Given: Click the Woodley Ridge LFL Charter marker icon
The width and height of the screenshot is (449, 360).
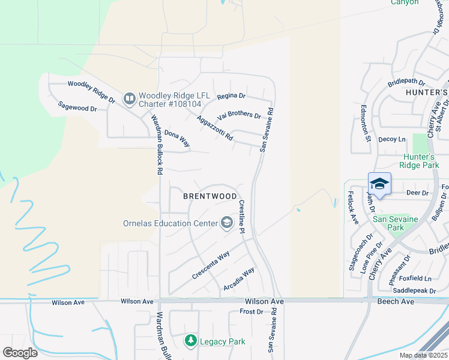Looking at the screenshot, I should click(130, 98).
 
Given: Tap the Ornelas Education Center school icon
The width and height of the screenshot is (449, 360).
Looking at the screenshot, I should click(226, 223).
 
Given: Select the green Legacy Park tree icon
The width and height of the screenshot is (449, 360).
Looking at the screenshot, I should click(191, 341).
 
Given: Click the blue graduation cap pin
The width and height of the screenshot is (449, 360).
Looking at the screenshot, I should click(379, 184).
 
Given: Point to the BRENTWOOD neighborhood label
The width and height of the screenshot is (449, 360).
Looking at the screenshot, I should click(210, 196).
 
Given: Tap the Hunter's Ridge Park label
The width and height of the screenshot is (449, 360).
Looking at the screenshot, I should click(423, 161).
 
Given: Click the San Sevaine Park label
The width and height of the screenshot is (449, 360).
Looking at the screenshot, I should click(396, 223).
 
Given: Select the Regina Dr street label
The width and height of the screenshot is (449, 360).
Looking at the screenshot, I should click(232, 95).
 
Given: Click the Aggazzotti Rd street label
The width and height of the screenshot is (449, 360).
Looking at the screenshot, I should click(215, 128).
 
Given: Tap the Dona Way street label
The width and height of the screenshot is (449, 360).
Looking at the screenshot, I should click(177, 139).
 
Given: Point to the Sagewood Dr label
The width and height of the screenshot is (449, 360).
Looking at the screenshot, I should click(77, 107).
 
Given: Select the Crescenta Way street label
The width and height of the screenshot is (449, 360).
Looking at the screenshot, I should click(211, 265).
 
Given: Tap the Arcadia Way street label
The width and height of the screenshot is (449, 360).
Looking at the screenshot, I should click(239, 278).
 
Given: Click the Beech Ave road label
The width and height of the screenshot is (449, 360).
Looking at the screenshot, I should click(396, 301).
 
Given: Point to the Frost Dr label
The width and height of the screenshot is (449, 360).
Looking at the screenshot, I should click(252, 312).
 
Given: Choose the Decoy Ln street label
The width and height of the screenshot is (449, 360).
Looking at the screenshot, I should click(392, 139).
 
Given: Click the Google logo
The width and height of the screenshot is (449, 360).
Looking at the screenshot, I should click(20, 353).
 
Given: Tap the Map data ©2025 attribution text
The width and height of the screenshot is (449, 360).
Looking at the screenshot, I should click(423, 355).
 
